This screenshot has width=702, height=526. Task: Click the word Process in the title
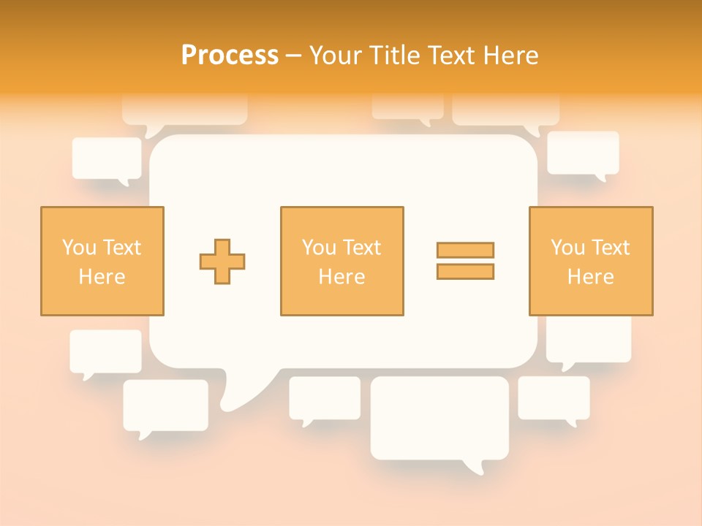(x=230, y=56)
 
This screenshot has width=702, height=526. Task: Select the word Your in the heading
(x=333, y=56)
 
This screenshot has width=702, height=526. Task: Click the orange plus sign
(x=222, y=261)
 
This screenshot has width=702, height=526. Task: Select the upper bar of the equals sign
(x=465, y=250)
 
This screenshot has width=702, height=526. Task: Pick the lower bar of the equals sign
(x=465, y=271)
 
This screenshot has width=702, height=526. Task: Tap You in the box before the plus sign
(x=78, y=248)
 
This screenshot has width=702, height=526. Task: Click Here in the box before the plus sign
(x=102, y=277)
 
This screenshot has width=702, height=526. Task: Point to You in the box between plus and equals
(x=318, y=248)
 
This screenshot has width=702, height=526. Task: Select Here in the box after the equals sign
(x=590, y=277)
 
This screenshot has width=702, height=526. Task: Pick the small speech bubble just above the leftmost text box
(x=107, y=158)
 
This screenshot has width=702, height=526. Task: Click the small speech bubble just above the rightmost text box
(x=583, y=153)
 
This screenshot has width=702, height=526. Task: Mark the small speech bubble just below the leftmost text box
(x=105, y=351)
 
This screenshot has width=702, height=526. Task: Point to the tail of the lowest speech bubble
(x=474, y=466)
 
